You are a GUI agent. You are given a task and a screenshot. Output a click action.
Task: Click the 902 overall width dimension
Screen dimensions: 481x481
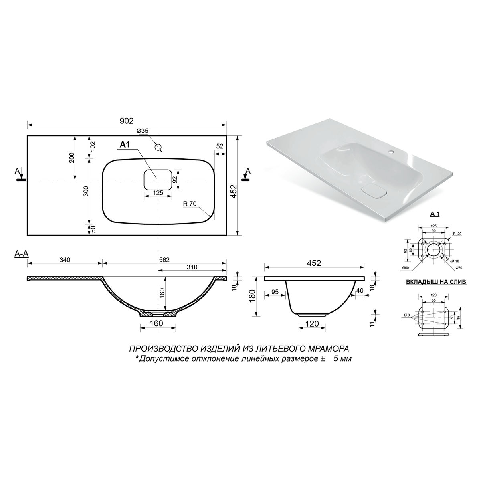(127, 121)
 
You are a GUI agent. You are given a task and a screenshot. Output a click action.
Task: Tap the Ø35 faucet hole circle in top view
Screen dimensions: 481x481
(158, 147)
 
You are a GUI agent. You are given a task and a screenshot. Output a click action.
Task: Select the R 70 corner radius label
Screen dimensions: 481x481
(190, 204)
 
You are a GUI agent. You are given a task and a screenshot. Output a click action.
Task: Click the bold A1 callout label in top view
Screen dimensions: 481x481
(125, 144)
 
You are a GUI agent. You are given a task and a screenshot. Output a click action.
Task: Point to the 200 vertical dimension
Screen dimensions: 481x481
(72, 158)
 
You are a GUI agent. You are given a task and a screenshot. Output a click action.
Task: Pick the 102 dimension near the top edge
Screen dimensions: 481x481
(93, 147)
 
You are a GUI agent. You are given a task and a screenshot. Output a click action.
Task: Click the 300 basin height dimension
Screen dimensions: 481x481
(86, 191)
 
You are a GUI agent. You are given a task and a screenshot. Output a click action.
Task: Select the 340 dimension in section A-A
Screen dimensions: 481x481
(65, 260)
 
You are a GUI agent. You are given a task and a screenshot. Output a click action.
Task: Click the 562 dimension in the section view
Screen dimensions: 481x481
(164, 260)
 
